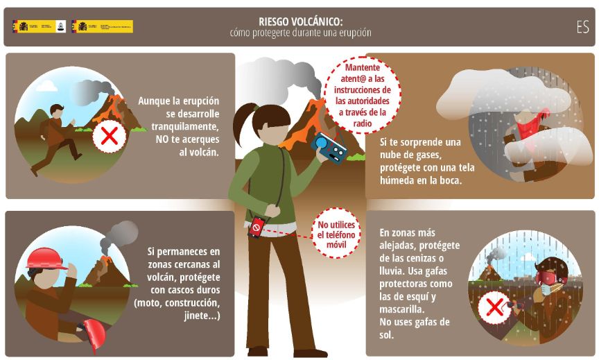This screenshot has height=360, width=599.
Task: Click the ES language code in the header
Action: [582, 27]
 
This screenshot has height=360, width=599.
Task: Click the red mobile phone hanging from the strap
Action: [257, 227]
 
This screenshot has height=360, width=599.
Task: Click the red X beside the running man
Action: [109, 137]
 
